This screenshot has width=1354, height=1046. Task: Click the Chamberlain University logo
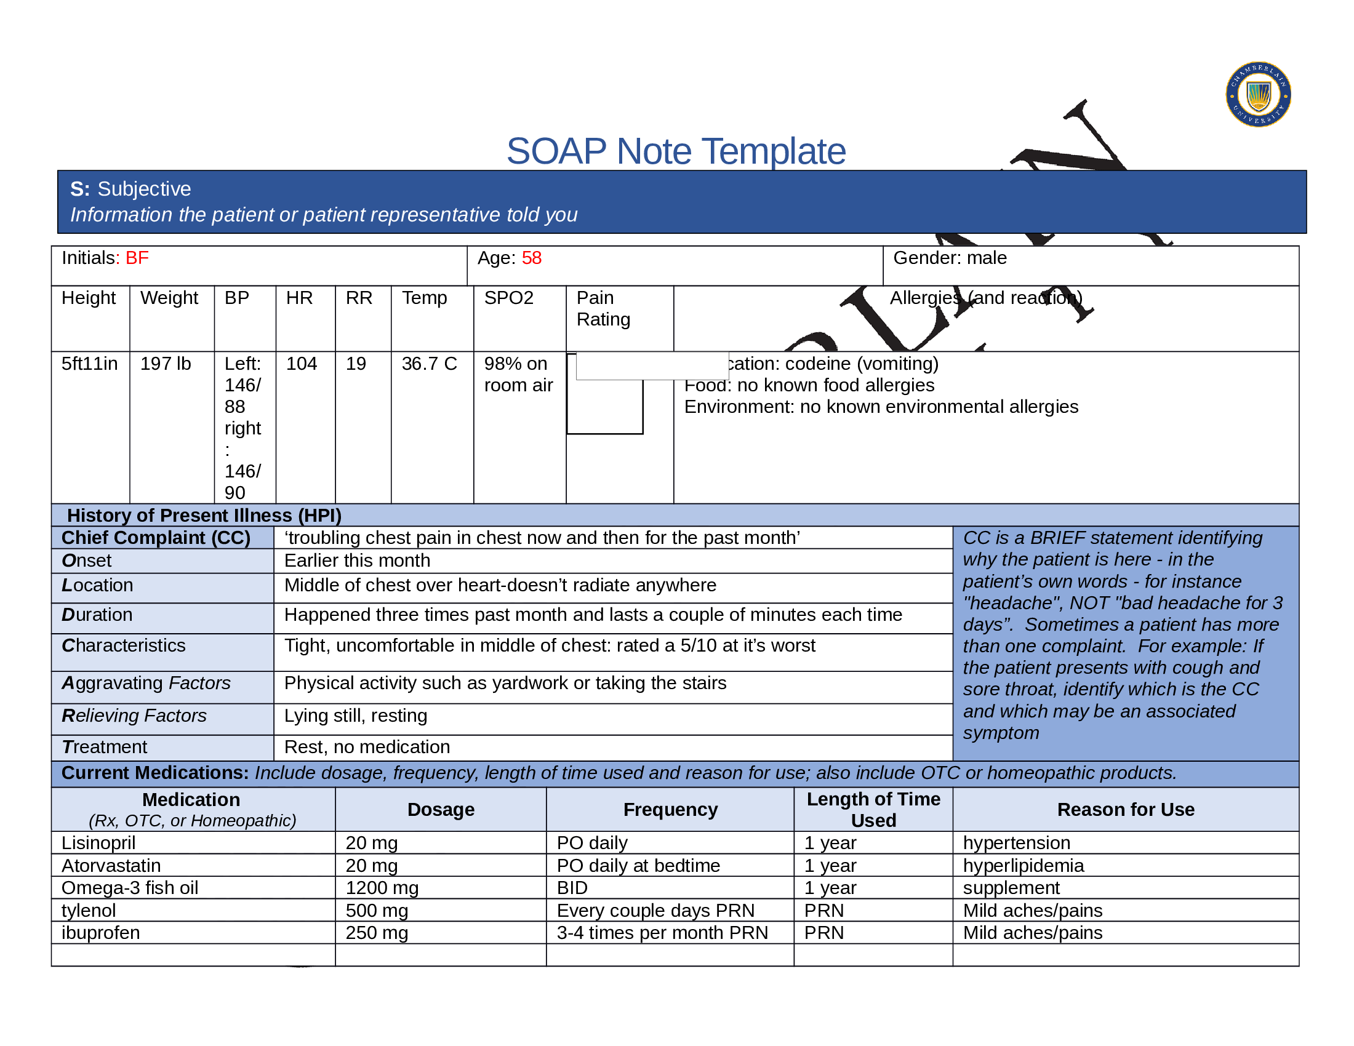1258,95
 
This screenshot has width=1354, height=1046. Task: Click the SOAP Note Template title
676,151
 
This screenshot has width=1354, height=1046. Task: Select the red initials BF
137,258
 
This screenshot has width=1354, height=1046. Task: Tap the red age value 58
531,258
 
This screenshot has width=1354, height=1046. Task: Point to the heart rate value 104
302,364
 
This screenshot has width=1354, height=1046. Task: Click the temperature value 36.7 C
429,364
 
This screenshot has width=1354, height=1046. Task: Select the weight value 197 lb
166,364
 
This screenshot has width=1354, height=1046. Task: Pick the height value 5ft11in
89,364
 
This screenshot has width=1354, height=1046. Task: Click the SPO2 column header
508,298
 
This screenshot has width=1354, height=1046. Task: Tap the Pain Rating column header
603,309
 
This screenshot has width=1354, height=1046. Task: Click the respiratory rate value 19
356,364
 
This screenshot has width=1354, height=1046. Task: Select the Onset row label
87,561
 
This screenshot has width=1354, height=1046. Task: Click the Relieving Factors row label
134,716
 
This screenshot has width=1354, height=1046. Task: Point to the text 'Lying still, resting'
355,716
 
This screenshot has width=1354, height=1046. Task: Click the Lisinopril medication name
98,843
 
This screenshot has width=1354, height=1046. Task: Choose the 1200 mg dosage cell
382,888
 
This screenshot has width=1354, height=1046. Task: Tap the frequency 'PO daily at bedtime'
638,866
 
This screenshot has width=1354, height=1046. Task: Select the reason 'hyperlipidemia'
1023,866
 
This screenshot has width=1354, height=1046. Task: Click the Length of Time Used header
873,810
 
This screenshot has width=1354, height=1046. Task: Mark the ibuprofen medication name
100,933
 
